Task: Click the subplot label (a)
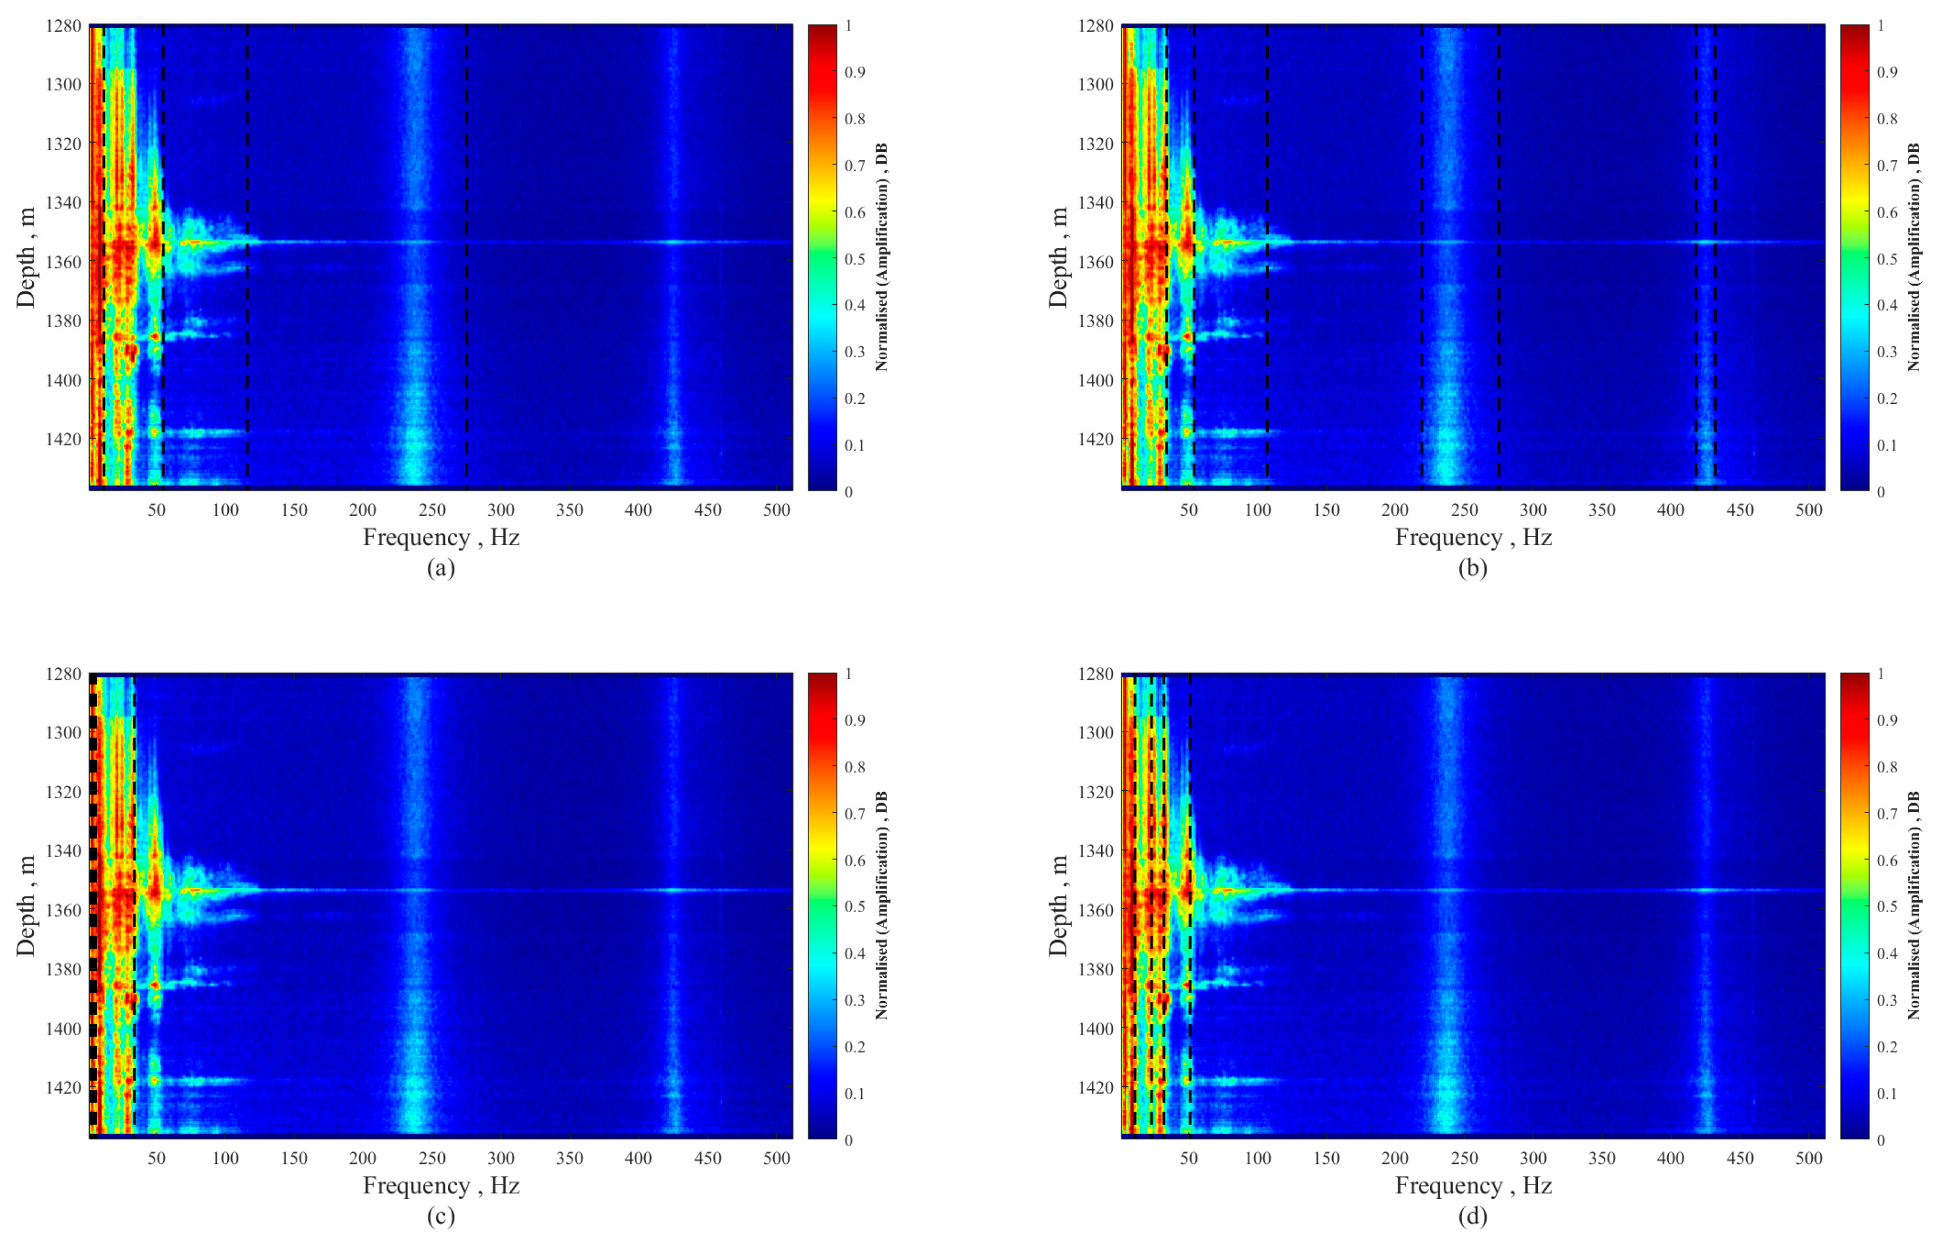tap(440, 568)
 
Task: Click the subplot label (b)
tap(1472, 568)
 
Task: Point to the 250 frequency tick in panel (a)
tap(432, 510)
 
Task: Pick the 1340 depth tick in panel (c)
tap(62, 851)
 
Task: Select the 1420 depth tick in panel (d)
tap(1095, 1087)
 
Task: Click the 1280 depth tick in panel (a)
tap(62, 25)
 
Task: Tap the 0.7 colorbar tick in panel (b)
tap(1881, 166)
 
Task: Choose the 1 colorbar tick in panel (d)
tap(1881, 673)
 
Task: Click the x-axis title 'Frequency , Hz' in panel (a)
tap(440, 538)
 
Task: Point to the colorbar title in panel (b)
tap(1913, 257)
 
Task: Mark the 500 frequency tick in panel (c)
tap(777, 1159)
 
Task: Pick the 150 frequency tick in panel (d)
tap(1326, 1159)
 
